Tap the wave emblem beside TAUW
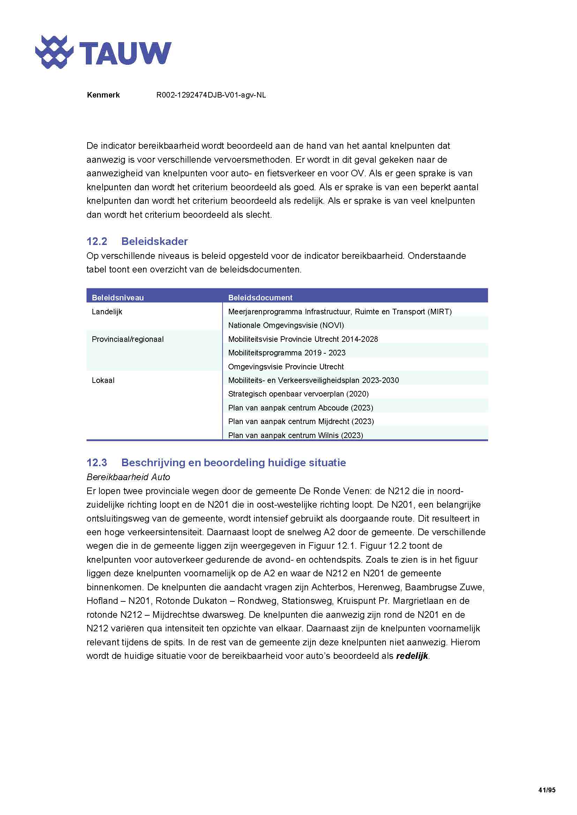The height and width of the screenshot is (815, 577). pos(54,52)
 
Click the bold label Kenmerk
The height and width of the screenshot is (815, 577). pos(103,95)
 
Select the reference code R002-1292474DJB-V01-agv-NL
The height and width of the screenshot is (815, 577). pos(211,95)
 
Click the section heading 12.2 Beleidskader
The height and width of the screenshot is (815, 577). pos(137,241)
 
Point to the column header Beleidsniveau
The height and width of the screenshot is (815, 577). pos(118,298)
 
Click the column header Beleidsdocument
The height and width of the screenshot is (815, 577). pos(260,298)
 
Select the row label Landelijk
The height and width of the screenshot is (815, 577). pos(107,312)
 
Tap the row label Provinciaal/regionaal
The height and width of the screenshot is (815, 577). pos(128,339)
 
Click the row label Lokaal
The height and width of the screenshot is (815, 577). pos(103,380)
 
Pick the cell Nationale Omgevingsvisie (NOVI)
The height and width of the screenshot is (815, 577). pos(286,325)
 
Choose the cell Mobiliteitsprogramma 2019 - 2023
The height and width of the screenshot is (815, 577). pos(286,353)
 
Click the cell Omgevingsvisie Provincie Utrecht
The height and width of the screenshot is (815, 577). pos(286,366)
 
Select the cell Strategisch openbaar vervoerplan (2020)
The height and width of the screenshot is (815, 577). pos(298,394)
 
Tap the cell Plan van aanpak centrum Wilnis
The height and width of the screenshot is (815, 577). pos(295,435)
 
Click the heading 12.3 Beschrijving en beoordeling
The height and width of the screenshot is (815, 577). pos(216,462)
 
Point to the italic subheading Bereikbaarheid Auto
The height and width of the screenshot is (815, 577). pos(128,477)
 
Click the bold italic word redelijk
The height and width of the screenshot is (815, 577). pos(412,656)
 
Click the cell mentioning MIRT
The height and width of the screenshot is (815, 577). pos(340,312)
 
